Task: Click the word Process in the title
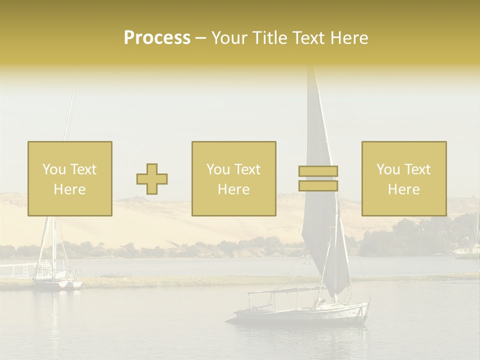tap(157, 38)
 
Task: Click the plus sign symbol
tap(152, 178)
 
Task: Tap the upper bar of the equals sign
tap(318, 171)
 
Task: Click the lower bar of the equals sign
tap(318, 185)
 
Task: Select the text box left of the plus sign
tap(69, 178)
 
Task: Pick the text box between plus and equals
tap(233, 178)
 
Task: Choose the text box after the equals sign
tap(403, 178)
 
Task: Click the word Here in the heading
tap(349, 38)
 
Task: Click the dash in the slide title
tap(200, 38)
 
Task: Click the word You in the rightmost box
tap(388, 169)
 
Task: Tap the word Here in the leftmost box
tap(69, 189)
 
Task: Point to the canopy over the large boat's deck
tap(280, 290)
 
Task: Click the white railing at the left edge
tap(15, 270)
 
